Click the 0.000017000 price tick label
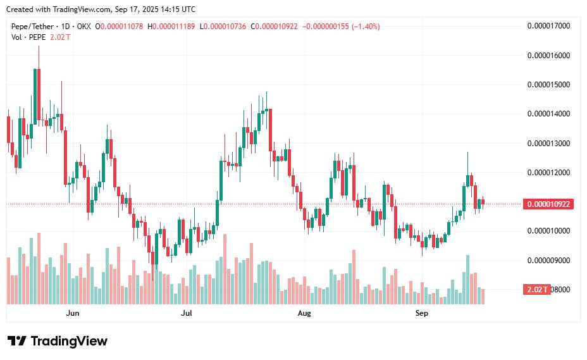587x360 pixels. pyautogui.click(x=548, y=26)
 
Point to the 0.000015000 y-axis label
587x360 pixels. pyautogui.click(x=548, y=85)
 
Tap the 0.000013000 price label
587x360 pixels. pyautogui.click(x=548, y=144)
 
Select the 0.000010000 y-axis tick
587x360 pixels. pyautogui.click(x=548, y=231)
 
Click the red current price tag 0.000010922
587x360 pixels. pyautogui.click(x=548, y=204)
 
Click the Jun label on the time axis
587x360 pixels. pyautogui.click(x=73, y=313)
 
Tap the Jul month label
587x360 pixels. pyautogui.click(x=187, y=313)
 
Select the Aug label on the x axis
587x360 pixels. pyautogui.click(x=304, y=313)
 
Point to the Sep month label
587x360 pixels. pyautogui.click(x=422, y=313)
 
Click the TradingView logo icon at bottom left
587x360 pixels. pyautogui.click(x=16, y=342)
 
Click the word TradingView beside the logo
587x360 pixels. pyautogui.click(x=69, y=342)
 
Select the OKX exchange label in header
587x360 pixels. pyautogui.click(x=83, y=27)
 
